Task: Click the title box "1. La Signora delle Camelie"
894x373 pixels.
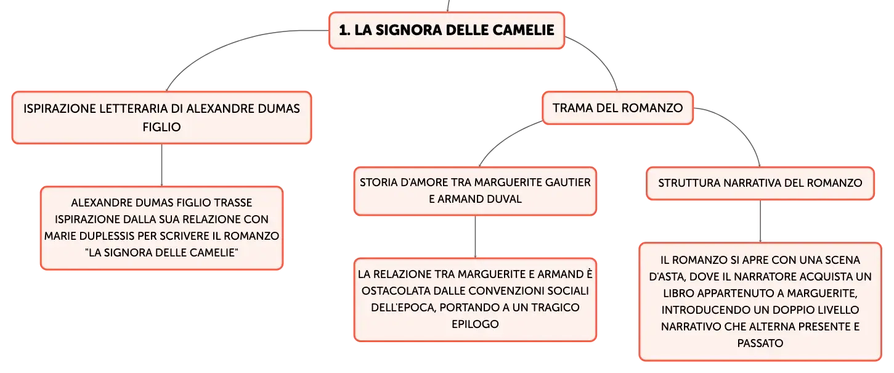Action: (x=447, y=30)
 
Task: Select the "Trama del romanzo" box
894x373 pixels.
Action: (x=617, y=108)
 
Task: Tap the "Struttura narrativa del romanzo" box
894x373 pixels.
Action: (x=760, y=183)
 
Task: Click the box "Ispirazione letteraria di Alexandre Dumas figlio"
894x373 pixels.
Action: (x=161, y=117)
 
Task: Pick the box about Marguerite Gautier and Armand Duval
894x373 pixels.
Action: (x=475, y=191)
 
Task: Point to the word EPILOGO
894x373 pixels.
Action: (x=475, y=324)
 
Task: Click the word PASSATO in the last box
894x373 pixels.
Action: (x=760, y=343)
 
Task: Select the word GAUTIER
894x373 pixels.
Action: (x=567, y=182)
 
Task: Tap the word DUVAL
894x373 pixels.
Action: (x=501, y=199)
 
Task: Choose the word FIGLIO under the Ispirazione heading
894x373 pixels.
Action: (x=161, y=127)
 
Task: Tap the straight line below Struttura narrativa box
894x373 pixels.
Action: (x=760, y=221)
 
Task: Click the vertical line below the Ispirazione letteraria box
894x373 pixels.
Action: (x=161, y=165)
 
